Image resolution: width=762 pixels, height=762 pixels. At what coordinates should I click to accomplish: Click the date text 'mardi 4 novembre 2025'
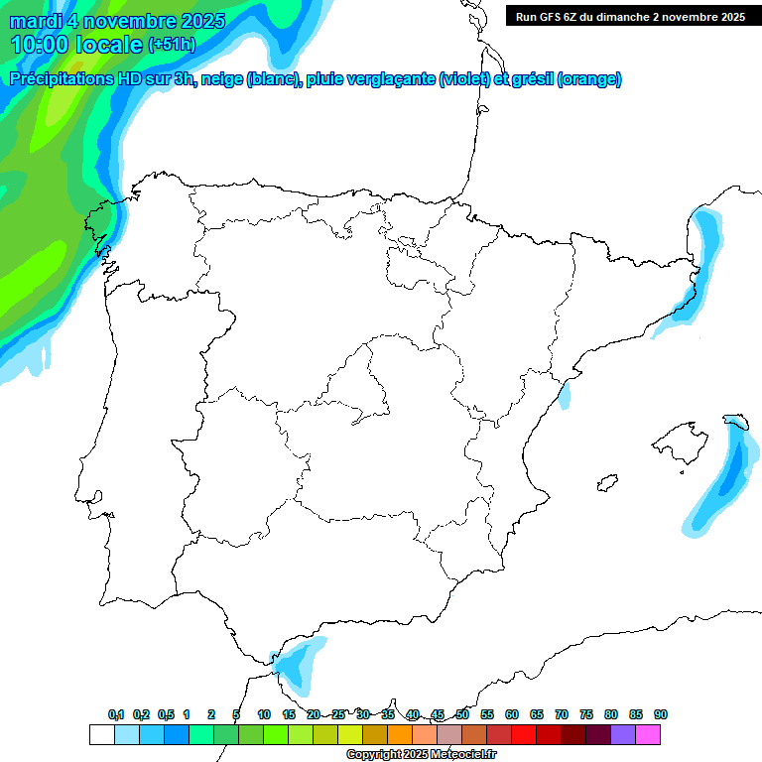[x=117, y=21]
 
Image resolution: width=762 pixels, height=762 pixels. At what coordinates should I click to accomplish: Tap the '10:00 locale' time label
[x=76, y=45]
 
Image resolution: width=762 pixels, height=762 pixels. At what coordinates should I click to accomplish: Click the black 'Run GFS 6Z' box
[x=630, y=16]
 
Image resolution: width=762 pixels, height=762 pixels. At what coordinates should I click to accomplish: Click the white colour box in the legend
[x=101, y=735]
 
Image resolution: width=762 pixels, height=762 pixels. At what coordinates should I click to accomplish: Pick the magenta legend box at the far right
[x=647, y=735]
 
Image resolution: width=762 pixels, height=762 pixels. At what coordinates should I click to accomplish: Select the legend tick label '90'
[x=661, y=715]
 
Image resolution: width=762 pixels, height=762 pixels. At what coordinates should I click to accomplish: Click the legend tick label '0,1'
[x=116, y=715]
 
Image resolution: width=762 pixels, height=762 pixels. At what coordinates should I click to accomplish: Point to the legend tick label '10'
[x=264, y=715]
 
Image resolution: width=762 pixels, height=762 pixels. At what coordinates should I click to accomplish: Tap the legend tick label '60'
[x=512, y=715]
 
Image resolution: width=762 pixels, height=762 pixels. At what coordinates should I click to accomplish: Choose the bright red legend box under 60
[x=523, y=735]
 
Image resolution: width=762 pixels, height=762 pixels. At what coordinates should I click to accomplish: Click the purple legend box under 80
[x=622, y=735]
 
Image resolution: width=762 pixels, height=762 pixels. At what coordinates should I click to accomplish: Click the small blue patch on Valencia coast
[x=565, y=397]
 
